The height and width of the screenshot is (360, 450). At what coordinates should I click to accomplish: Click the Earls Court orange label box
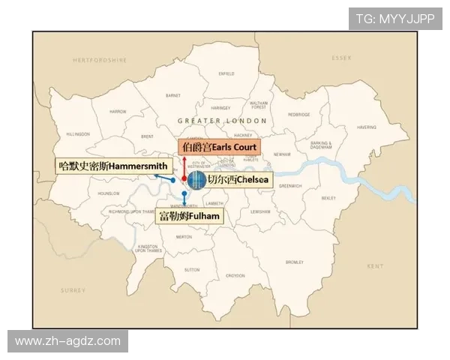click(x=217, y=147)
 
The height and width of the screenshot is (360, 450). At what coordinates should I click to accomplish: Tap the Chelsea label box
click(x=238, y=180)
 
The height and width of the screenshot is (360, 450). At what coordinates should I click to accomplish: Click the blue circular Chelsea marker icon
click(x=196, y=180)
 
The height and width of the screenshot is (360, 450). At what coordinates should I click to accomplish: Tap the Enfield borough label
click(x=226, y=73)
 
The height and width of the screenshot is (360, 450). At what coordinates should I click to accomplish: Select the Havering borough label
click(x=367, y=127)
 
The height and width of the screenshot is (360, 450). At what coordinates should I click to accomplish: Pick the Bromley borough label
click(x=294, y=262)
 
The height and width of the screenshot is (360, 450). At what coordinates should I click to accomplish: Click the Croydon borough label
click(x=235, y=276)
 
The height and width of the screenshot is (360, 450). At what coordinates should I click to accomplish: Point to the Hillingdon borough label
click(x=77, y=134)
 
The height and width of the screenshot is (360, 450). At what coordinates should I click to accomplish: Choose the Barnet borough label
click(x=173, y=95)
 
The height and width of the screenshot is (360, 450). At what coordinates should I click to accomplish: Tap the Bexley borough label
click(x=328, y=198)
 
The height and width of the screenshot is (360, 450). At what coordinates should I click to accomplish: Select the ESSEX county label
click(x=342, y=57)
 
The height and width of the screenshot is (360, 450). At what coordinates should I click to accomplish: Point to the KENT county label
click(x=375, y=266)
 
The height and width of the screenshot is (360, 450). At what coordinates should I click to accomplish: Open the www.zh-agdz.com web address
click(x=67, y=341)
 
